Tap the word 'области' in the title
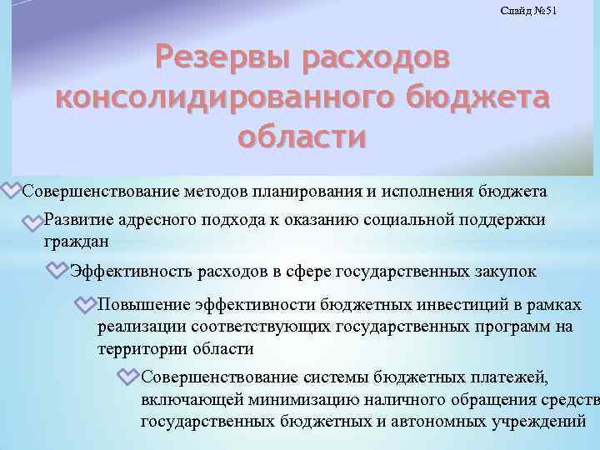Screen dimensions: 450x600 (x=301, y=135)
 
